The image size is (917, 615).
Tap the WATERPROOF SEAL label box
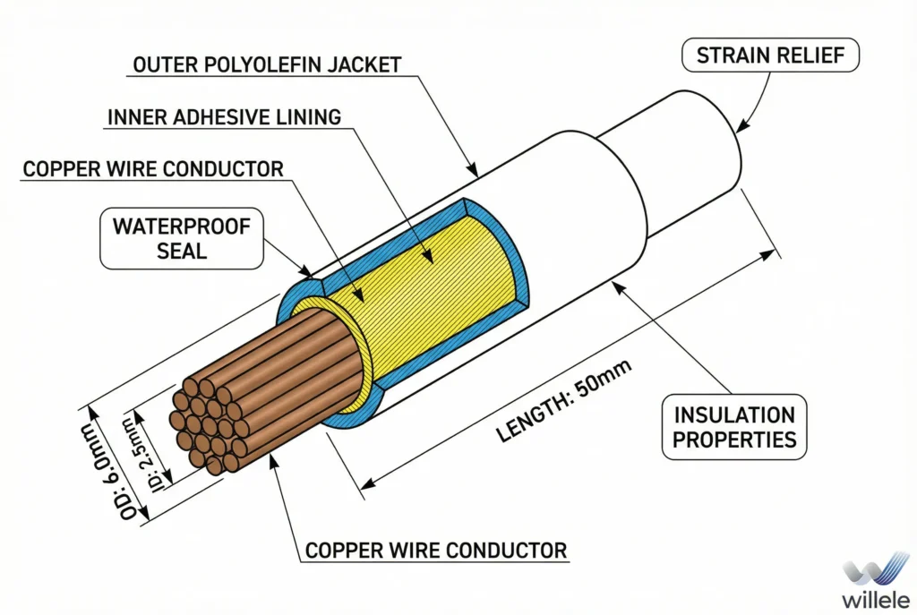182,237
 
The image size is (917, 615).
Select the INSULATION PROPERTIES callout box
734,427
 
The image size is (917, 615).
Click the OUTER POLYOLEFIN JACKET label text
267,64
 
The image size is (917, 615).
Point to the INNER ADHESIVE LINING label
224,117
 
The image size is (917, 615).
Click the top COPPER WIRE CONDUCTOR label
153,169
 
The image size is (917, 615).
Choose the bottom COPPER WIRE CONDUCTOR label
436,550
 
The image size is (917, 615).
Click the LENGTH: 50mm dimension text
564,400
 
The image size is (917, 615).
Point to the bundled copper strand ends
208,425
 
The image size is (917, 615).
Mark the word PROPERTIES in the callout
734,440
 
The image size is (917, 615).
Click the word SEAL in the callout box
182,250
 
